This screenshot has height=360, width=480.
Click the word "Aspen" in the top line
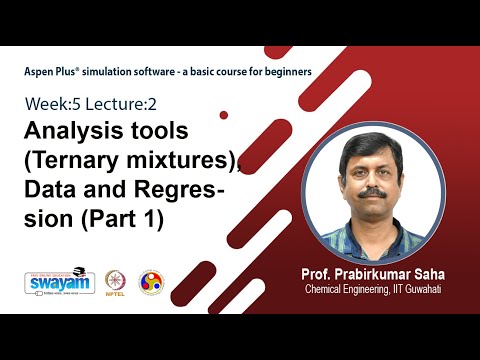click(41, 72)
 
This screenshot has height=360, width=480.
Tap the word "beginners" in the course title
click(285, 72)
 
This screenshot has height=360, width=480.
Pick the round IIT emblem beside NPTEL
click(151, 281)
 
